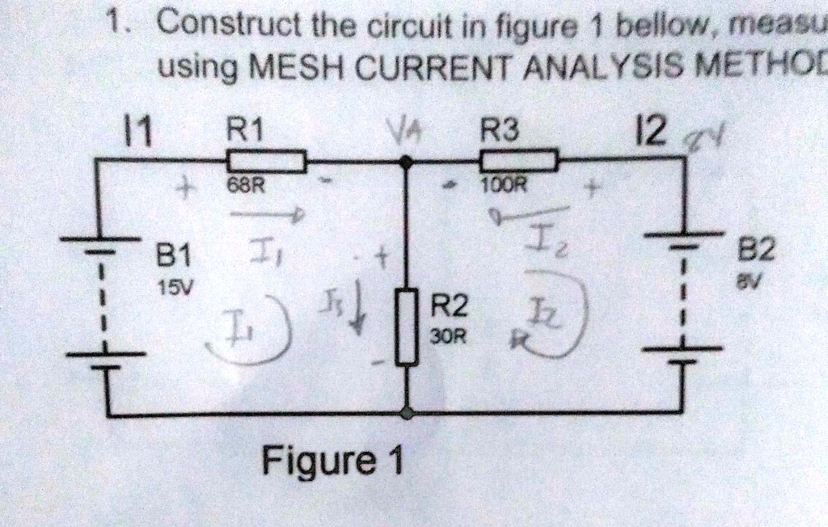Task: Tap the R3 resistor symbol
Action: [517, 162]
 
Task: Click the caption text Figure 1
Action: [331, 463]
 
